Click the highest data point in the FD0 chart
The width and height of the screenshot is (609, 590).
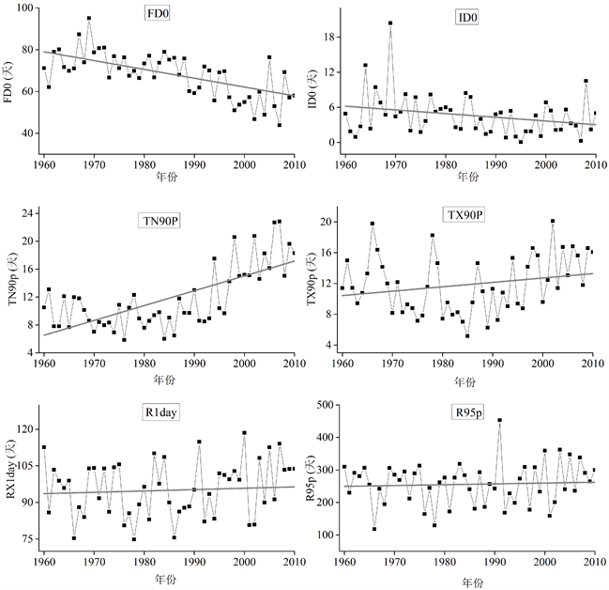pyautogui.click(x=89, y=18)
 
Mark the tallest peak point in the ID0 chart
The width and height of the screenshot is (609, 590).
pyautogui.click(x=390, y=23)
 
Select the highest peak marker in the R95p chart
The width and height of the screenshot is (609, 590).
pyautogui.click(x=499, y=420)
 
